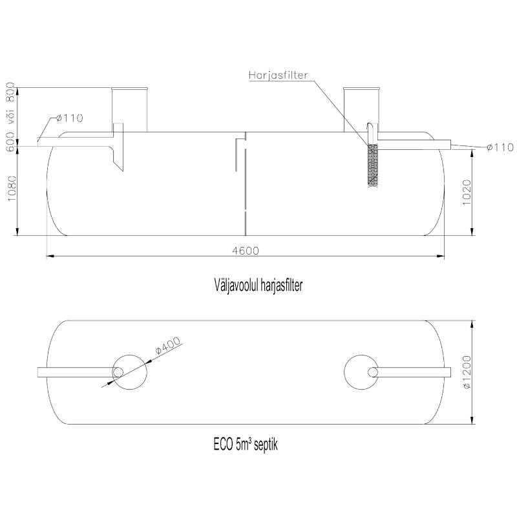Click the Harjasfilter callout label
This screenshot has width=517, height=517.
(279, 75)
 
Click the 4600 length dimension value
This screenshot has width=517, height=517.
(246, 251)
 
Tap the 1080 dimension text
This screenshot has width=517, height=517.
(11, 189)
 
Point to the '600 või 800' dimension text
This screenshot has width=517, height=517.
(10, 117)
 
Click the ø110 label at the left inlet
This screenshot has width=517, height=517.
(69, 118)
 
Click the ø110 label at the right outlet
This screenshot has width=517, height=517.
(500, 147)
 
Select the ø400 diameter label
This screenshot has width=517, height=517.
(168, 345)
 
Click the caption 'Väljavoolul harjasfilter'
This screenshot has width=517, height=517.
(258, 285)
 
